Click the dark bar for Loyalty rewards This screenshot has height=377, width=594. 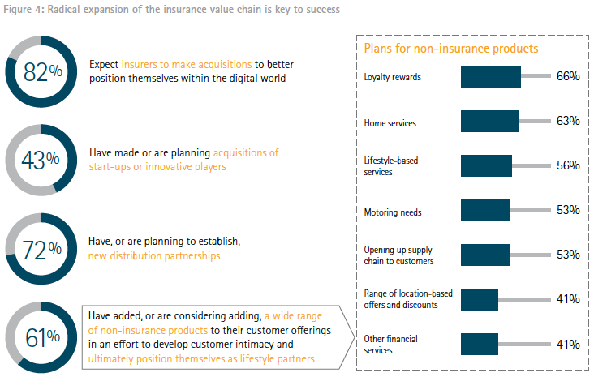click(490, 77)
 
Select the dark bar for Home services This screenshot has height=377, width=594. click(489, 122)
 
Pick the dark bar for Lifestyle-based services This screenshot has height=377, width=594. click(486, 165)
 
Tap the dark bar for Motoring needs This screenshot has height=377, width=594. click(484, 211)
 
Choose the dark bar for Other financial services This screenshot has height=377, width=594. click(479, 345)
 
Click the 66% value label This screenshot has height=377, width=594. click(567, 77)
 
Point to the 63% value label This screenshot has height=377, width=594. click(567, 122)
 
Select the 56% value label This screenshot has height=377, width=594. click(567, 165)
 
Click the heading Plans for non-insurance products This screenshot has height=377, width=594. click(451, 49)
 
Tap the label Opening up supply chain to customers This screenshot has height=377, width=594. click(399, 255)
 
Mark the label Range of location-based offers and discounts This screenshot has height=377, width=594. click(402, 299)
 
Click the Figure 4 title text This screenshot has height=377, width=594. click(170, 10)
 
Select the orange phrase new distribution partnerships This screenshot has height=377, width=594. click(154, 256)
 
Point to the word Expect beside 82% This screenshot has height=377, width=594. click(105, 65)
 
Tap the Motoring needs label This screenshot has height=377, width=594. click(393, 212)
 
